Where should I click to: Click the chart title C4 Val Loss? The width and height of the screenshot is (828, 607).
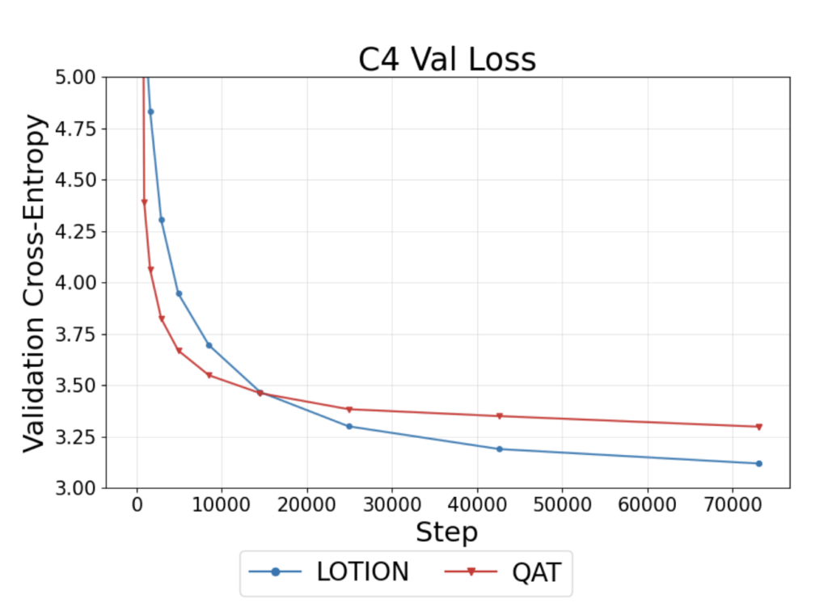point(447,59)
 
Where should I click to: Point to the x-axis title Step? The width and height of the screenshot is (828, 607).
point(446,533)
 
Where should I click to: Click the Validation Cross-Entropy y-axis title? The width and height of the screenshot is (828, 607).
point(34,282)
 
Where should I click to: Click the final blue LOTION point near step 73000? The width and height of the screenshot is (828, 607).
point(758,463)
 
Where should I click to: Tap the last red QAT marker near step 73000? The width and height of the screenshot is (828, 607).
point(758,427)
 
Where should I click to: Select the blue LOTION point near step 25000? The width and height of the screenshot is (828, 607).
point(349,426)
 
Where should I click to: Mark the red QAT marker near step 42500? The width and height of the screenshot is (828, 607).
point(500,416)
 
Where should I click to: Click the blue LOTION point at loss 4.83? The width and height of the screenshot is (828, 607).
point(150,112)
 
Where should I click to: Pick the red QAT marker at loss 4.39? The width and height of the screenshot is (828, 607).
point(144,202)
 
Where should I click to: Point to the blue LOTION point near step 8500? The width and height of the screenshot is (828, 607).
point(209,345)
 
